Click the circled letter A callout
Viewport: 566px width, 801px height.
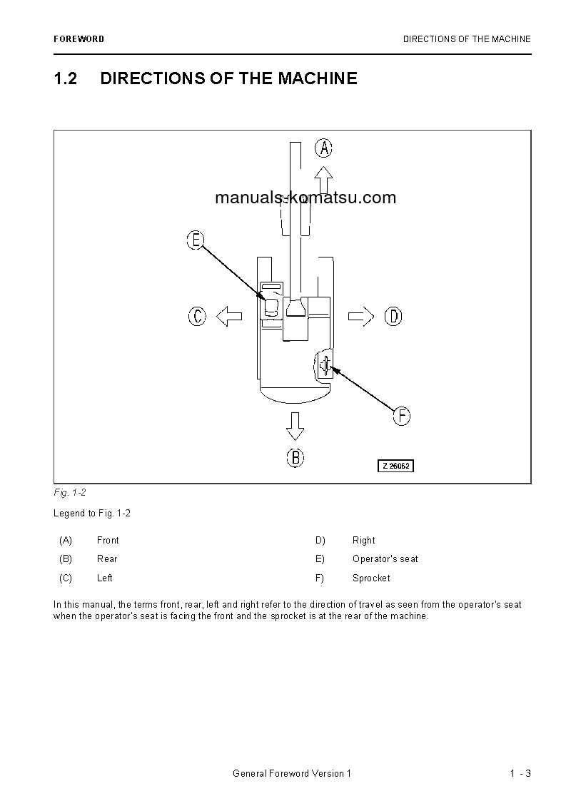(324, 148)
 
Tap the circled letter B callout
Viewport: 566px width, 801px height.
(295, 457)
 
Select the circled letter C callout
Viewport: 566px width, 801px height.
(198, 316)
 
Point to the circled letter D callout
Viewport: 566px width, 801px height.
(393, 316)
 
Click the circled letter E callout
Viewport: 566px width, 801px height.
(196, 240)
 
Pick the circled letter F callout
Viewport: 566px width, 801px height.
(402, 416)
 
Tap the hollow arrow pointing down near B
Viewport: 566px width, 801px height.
(295, 426)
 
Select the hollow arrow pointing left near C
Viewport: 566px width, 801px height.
(228, 316)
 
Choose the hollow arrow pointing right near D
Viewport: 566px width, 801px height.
(361, 316)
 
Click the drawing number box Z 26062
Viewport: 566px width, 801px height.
(396, 466)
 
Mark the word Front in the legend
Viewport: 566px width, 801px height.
(108, 541)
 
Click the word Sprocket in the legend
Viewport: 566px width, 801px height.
(371, 578)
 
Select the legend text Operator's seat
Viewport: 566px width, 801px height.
(385, 559)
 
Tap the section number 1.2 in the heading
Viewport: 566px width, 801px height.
(66, 78)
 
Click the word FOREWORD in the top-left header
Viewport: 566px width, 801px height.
(79, 39)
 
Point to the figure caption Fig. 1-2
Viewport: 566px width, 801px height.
(70, 493)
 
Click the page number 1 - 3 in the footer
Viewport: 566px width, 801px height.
(520, 774)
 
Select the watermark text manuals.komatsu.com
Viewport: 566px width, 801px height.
(305, 198)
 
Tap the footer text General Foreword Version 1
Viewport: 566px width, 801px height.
(292, 774)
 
